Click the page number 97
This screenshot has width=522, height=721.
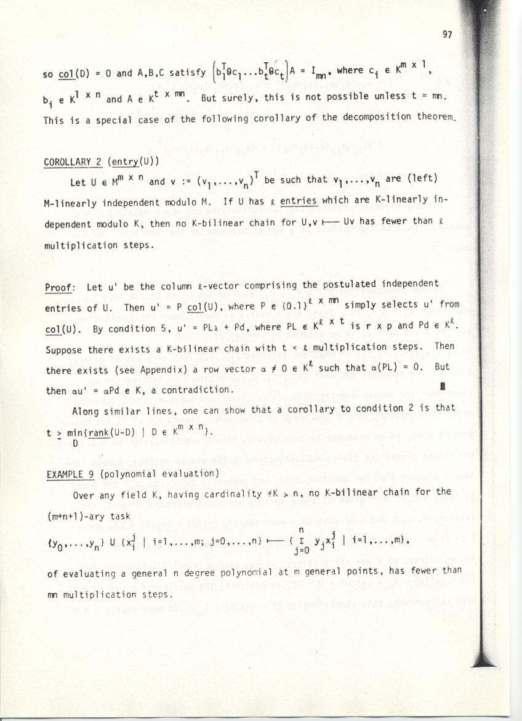[x=448, y=35]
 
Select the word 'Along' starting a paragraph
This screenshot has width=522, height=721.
[x=86, y=408]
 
